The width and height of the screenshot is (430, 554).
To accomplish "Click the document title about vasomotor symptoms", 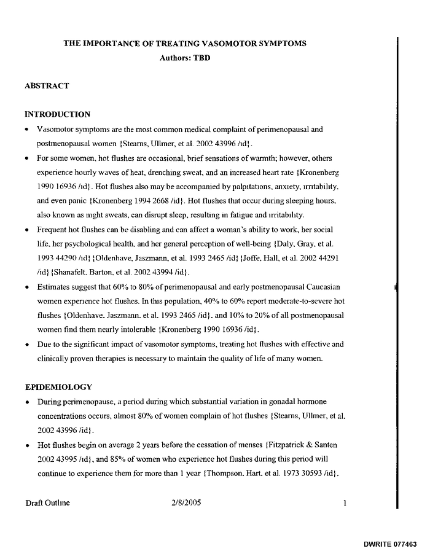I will click(185, 44).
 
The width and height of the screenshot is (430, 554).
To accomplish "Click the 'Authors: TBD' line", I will click(185, 58).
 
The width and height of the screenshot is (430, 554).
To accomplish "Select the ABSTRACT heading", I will click(47, 86).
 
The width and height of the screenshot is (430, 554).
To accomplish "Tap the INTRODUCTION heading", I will click(57, 114).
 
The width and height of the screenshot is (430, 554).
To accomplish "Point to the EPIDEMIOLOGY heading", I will click(58, 387).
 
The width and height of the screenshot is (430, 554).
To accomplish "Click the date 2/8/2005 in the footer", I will click(187, 503).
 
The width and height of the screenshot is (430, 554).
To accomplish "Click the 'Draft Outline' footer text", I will click(47, 503).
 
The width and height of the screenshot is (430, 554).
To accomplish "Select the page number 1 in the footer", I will click(345, 503).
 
